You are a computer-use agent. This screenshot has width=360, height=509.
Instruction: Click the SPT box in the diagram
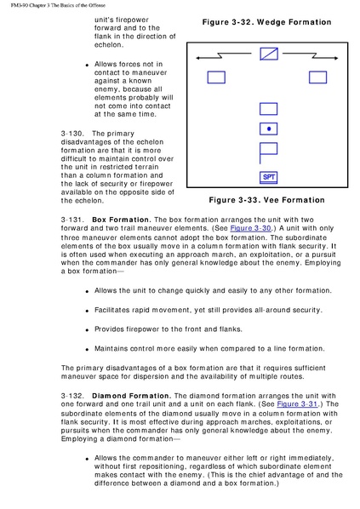coord(268,177)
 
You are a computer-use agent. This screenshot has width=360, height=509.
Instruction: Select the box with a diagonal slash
coord(269,54)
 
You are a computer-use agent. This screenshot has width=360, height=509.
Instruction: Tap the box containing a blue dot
coord(268,129)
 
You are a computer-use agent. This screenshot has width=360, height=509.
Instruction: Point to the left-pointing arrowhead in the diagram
coord(198,58)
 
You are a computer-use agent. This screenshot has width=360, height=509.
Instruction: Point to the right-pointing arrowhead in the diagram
coord(335,58)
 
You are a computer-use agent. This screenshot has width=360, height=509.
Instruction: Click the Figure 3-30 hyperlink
coord(250,228)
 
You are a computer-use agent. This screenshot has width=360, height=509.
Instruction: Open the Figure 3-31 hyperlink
coord(297,404)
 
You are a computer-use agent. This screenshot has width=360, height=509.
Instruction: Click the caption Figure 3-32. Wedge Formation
coord(267,22)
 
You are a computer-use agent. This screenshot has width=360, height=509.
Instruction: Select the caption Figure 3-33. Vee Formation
coord(267,200)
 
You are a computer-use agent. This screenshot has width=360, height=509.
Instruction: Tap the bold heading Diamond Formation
coord(131,396)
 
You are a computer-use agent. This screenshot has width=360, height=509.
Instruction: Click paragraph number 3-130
coord(72,134)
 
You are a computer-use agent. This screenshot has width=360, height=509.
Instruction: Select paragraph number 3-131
coord(72,220)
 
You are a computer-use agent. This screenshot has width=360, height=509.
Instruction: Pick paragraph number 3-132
coord(72,396)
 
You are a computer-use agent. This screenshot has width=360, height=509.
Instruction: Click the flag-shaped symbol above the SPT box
coord(268,152)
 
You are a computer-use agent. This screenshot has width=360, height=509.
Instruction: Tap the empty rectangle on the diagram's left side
coord(216,77)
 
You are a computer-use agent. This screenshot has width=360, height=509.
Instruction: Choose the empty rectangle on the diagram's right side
coord(317,77)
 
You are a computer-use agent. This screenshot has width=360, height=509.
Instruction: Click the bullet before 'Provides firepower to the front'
coord(87,330)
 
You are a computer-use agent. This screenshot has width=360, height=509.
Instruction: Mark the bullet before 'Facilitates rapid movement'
coord(87,311)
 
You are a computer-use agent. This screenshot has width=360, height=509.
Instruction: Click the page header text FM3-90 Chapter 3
coord(35,5)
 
